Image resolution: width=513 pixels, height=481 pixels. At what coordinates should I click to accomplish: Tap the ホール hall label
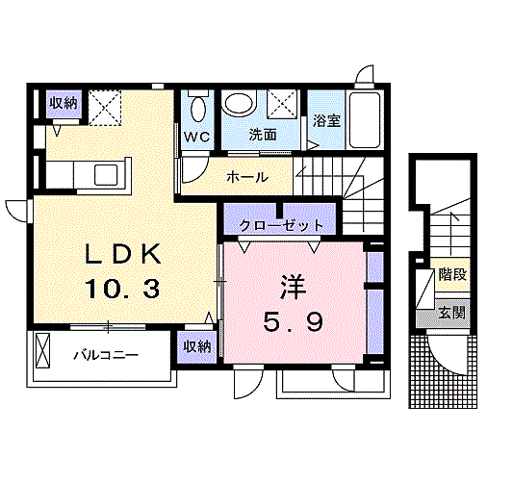point(247,177)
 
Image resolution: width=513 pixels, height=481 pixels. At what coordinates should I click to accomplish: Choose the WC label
point(197,136)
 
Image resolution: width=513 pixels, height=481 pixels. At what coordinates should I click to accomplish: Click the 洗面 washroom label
point(262,135)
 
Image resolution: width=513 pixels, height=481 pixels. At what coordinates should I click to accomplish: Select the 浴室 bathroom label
point(326,121)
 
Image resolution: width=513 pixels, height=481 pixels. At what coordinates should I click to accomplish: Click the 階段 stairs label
point(451,274)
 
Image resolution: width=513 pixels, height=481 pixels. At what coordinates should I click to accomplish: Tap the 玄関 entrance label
point(451,312)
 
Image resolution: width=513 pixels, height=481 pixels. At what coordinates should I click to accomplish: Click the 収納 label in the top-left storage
point(64,103)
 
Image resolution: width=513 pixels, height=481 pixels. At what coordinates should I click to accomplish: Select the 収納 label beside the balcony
point(196,346)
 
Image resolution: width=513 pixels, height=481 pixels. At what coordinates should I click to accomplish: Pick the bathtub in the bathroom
point(365,120)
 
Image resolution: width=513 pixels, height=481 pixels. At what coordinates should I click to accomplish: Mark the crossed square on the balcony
point(43,350)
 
